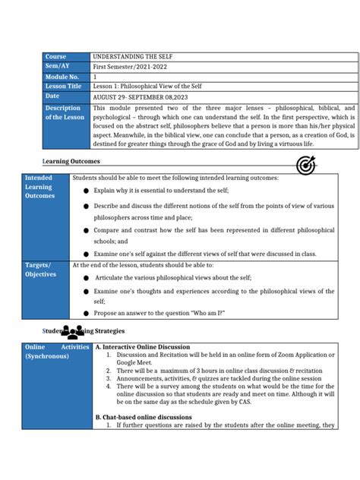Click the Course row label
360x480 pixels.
55,57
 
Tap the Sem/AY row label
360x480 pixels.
56,67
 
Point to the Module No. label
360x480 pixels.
61,77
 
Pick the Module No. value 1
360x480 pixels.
95,77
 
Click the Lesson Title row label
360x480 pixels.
63,87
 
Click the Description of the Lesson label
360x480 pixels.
65,112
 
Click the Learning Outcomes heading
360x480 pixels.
71,162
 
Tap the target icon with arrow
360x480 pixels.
305,166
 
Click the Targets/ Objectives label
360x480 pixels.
41,269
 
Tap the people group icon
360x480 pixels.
72,332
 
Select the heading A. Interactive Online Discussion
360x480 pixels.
142,347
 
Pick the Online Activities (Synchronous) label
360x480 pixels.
57,351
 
